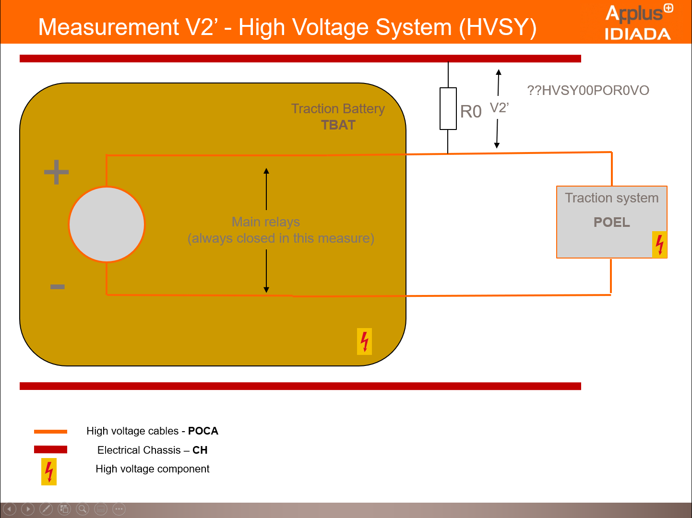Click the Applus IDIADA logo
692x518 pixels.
[638, 22]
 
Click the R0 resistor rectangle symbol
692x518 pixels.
[448, 108]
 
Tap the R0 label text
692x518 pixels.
[470, 112]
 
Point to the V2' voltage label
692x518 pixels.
[499, 108]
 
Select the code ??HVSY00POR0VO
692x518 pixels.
[588, 90]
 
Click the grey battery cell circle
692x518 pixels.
[107, 224]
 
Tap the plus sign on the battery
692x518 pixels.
[57, 172]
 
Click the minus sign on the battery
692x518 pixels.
[57, 287]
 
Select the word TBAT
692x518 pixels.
[338, 125]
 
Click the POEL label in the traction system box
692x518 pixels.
[611, 222]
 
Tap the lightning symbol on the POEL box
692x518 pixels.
[659, 245]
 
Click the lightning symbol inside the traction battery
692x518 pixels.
[364, 341]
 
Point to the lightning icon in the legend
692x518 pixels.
[49, 471]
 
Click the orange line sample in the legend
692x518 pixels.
[50, 432]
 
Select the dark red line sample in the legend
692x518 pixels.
[50, 449]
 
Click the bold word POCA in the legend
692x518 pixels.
[203, 431]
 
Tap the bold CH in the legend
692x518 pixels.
[200, 450]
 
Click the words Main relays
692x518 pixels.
[266, 222]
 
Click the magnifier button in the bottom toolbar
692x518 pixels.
[83, 509]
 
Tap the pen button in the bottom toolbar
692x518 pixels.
[46, 509]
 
